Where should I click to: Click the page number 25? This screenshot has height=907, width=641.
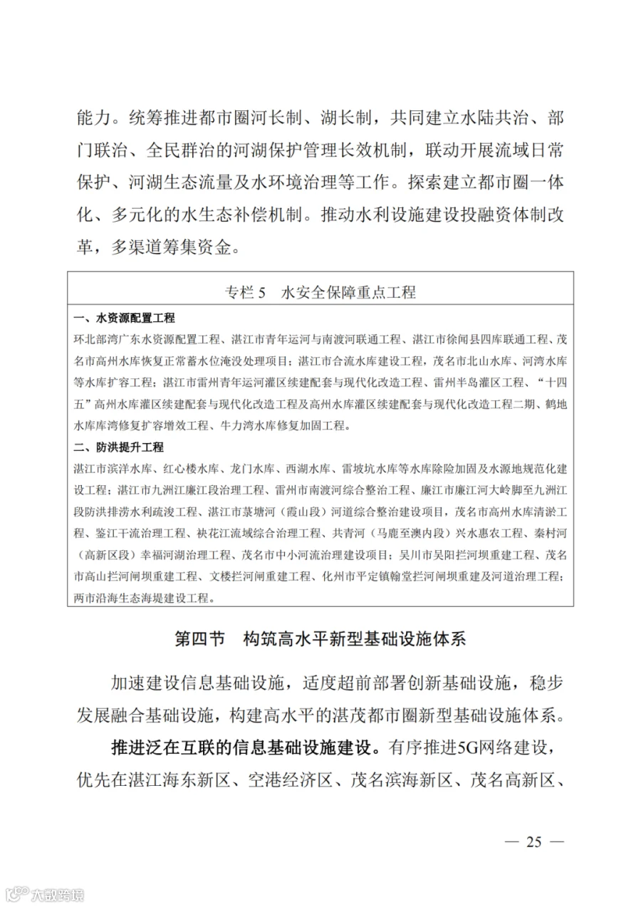point(533,841)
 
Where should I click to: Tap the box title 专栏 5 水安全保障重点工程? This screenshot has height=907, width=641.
point(320,292)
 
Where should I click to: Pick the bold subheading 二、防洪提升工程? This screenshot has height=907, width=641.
point(119,447)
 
